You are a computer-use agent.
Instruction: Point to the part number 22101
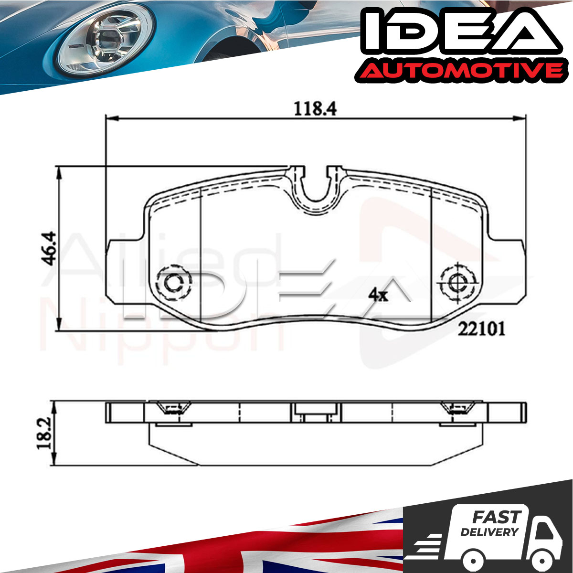pos(481,329)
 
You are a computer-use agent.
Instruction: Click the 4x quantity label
pos(378,295)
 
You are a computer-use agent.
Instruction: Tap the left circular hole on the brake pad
pos(174,282)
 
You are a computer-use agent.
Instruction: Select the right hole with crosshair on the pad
pos(458,283)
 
